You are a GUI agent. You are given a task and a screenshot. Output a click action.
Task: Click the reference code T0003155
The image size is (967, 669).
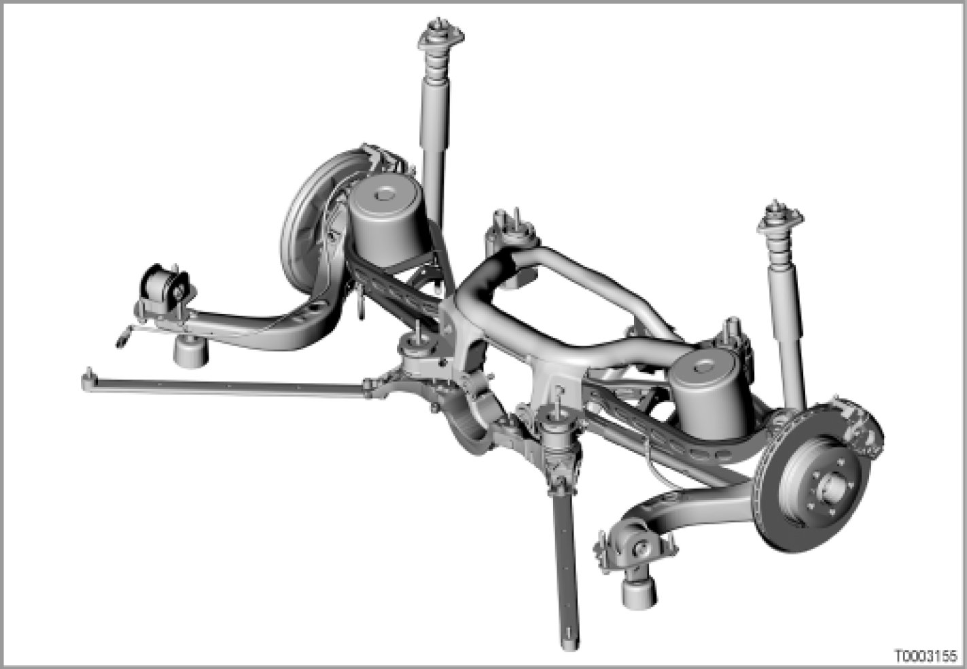pyautogui.click(x=925, y=655)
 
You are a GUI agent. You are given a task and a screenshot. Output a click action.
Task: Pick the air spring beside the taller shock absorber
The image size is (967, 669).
pyautogui.click(x=387, y=221)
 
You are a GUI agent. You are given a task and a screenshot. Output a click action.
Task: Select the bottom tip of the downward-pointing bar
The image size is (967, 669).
pyautogui.click(x=569, y=645)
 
